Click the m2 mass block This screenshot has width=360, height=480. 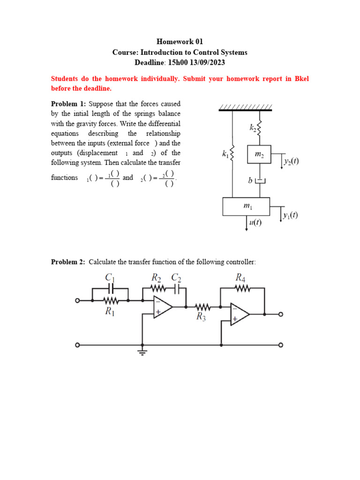click(x=259, y=155)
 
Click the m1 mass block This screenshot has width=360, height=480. click(x=246, y=206)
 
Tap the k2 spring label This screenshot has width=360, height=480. click(x=252, y=127)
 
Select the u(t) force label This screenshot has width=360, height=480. click(x=255, y=223)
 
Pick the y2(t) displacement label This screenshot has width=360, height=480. click(x=291, y=162)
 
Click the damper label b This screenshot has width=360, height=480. click(x=251, y=180)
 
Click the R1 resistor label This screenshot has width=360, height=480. click(x=110, y=312)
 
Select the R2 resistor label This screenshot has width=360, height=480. click(x=156, y=278)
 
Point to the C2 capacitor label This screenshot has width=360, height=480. click(x=177, y=278)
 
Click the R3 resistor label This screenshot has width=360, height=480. click(x=202, y=317)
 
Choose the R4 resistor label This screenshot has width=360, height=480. click(x=240, y=278)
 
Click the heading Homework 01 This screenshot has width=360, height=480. click(x=180, y=42)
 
